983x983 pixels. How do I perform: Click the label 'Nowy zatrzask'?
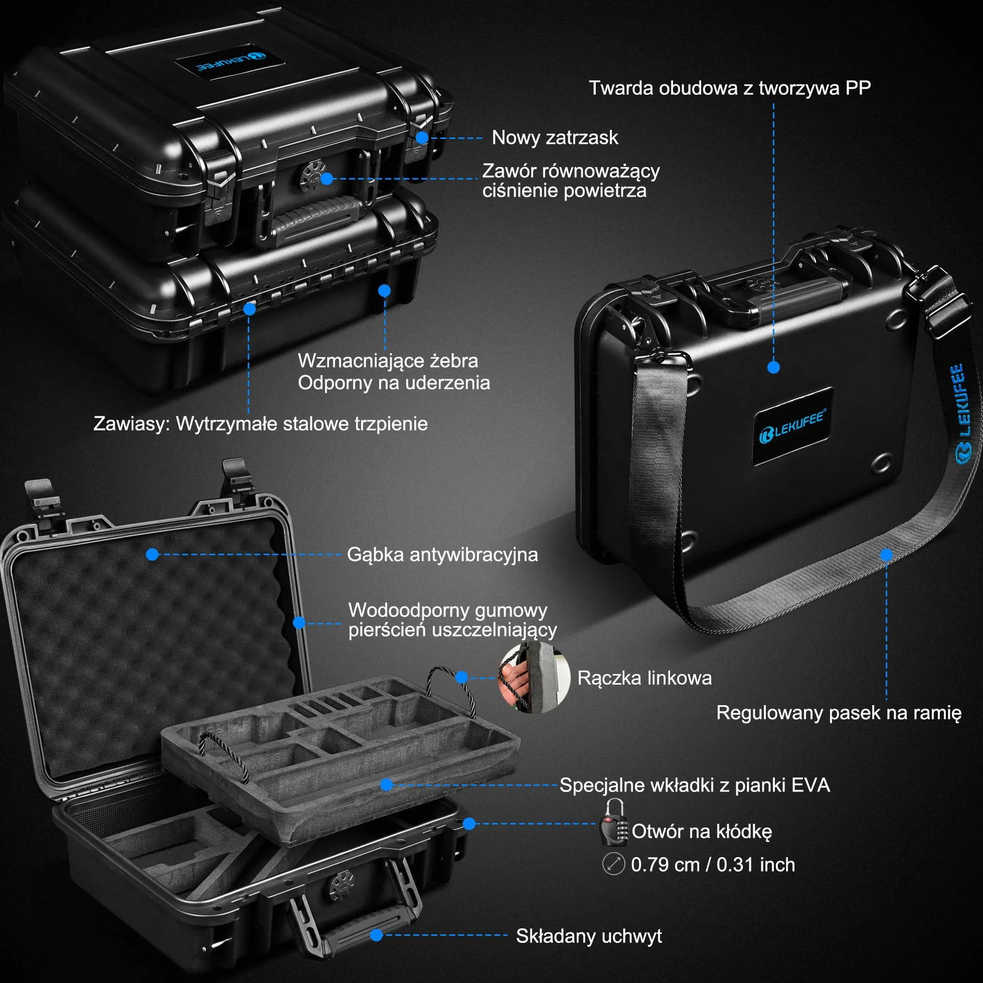tap(555, 138)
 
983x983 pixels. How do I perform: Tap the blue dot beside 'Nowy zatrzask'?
tap(422, 138)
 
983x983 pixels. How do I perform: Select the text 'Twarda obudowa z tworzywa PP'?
tap(730, 88)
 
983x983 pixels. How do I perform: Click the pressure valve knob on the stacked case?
tap(312, 176)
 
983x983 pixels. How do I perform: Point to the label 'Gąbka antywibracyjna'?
tap(442, 555)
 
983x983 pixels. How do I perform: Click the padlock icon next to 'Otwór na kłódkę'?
tap(613, 823)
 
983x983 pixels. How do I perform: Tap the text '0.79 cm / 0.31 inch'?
tap(713, 865)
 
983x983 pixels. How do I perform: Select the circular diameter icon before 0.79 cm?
tap(613, 864)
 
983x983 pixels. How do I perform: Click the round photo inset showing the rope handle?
tap(534, 677)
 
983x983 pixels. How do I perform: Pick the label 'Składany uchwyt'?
tap(589, 936)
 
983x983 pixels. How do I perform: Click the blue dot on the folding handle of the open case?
tap(377, 935)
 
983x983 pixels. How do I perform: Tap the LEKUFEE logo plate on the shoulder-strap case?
tap(792, 425)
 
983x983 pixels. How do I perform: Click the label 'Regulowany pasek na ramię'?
tap(839, 713)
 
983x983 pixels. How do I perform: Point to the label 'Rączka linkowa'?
tap(644, 678)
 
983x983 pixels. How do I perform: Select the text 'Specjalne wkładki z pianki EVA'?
tap(695, 785)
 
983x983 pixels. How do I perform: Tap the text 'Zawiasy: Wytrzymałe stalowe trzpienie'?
tap(260, 424)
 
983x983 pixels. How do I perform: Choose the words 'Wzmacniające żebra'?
tap(388, 361)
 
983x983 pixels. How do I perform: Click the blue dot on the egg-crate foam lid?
tap(152, 555)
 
